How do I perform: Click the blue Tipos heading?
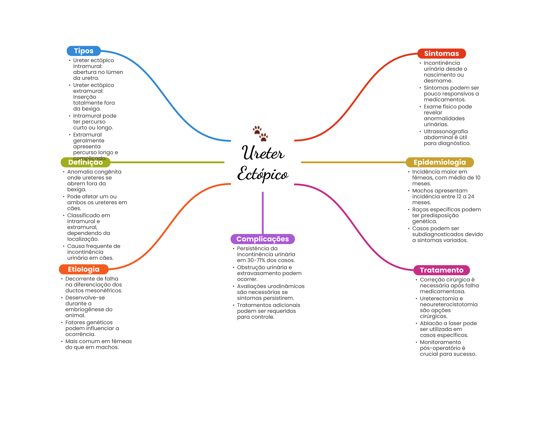pos(83,51)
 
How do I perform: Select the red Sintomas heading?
pos(441,54)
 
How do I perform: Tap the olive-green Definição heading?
pos(85,163)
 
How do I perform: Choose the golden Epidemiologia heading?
pos(439,162)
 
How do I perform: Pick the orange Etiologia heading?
pos(83,269)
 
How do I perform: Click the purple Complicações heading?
pos(262,239)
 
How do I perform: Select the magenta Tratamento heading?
pos(441,270)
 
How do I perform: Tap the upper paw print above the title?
pos(257,130)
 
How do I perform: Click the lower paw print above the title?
pos(263,137)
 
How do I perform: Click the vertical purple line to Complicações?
pos(263,213)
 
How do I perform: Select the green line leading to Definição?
pos(167,162)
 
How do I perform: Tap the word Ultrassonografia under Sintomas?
pos(446,131)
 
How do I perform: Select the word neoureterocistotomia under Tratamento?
pos(448,304)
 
